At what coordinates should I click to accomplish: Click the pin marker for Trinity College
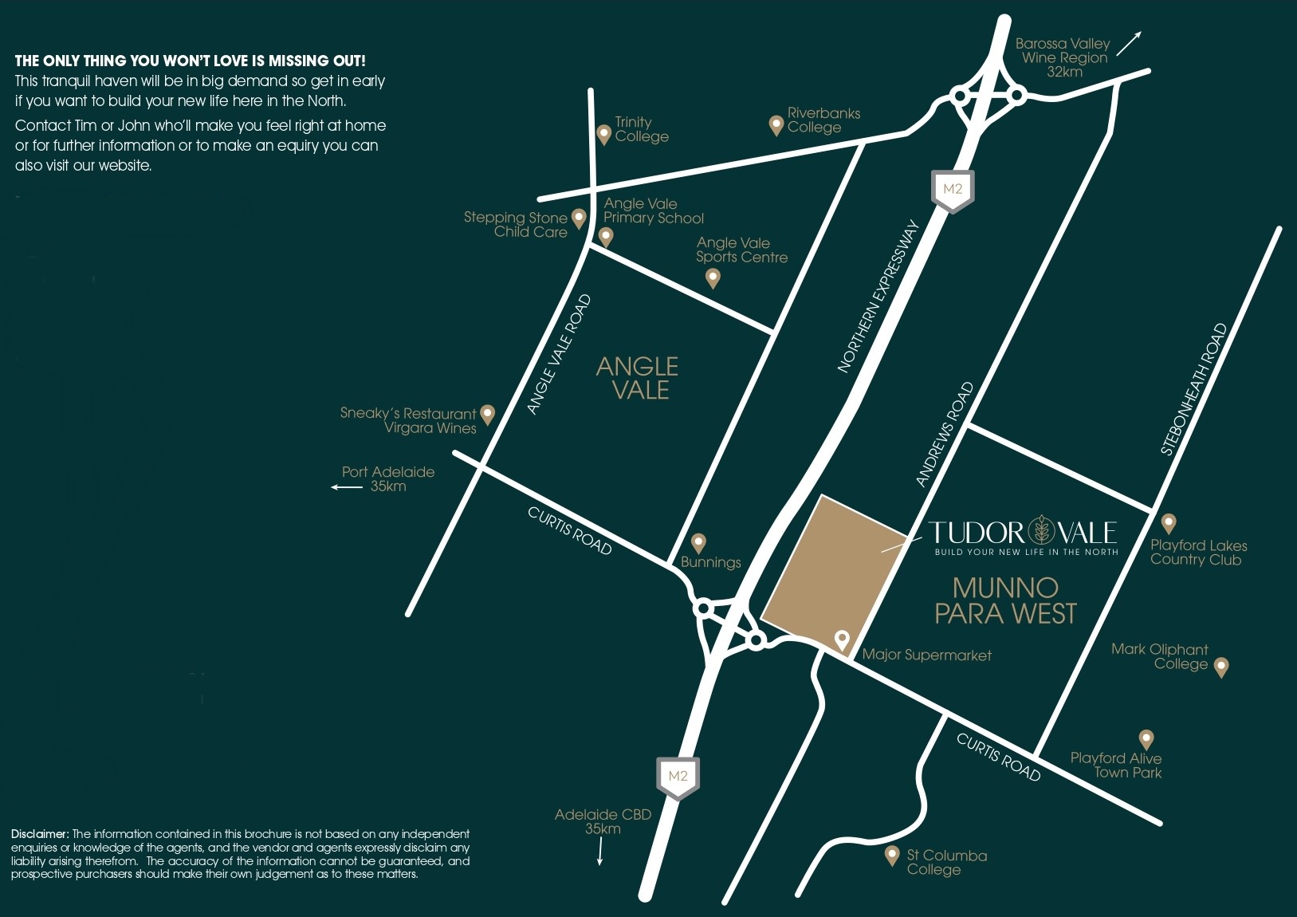pos(603,133)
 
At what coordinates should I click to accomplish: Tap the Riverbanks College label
pos(823,120)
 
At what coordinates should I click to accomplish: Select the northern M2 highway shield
pos(953,191)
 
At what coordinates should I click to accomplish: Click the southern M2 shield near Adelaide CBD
pos(678,777)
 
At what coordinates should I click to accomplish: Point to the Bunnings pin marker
pos(698,542)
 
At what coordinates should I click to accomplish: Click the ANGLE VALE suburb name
pos(638,378)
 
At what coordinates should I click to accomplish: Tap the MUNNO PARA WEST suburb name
pos(1005,600)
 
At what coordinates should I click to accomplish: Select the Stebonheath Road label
pos(1193,390)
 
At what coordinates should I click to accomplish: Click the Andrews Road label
pos(945,435)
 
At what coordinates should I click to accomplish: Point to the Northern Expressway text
pos(878,297)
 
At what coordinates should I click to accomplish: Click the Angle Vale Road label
pos(559,355)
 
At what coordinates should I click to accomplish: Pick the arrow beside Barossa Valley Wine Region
pos(1129,44)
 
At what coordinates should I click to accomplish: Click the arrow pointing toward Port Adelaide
pos(347,486)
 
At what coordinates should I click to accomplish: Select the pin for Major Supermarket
pos(841,639)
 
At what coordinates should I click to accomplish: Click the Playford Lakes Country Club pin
pos(1169,523)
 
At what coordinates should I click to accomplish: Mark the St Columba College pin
pos(893,856)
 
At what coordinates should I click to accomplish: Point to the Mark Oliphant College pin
pos(1220,667)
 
